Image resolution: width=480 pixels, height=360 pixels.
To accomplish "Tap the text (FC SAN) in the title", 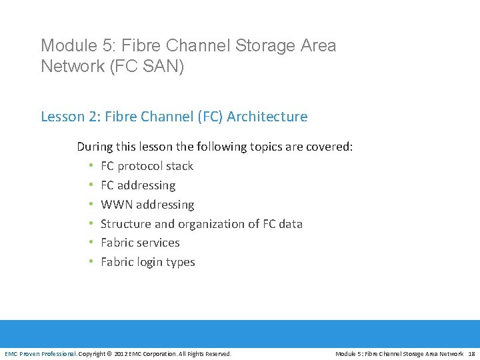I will point(146,67).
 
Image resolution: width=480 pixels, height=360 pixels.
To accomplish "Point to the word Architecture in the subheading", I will point(267,117).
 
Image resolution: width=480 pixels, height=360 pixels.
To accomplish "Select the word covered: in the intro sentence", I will point(329,147).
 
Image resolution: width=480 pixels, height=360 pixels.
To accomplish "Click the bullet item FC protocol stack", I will point(147,166).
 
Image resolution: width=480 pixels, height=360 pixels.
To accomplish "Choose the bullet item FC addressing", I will point(138,185).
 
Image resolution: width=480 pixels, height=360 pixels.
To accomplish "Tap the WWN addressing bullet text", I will point(147,205).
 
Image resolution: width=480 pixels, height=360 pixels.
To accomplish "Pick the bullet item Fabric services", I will point(140,243).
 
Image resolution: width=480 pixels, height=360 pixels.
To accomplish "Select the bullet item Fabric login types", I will point(147,262).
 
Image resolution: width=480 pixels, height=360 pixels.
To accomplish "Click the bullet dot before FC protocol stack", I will point(89,166).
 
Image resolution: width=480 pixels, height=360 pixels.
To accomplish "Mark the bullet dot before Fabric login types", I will point(89,262).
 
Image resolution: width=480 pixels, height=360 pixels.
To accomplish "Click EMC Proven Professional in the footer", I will point(41,353).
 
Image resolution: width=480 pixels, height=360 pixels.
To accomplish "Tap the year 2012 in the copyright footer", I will point(123,353).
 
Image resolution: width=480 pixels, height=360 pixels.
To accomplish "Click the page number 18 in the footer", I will point(471,353).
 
